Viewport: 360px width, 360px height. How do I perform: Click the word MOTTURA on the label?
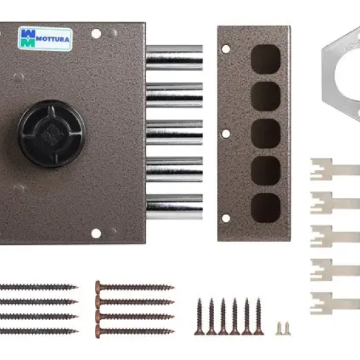coord(52,39)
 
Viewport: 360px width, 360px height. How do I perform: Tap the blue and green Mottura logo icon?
coord(28,39)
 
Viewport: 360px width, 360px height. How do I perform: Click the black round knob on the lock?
coord(52,134)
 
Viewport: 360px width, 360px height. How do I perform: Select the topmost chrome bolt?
coord(174,58)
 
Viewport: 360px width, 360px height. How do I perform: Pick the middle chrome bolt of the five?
coord(174,132)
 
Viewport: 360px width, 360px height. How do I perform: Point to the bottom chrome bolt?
coord(174,207)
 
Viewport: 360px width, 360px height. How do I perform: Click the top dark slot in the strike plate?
coord(265,59)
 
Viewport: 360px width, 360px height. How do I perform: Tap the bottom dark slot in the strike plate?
coord(265,208)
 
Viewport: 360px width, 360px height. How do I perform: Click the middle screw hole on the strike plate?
coord(226,134)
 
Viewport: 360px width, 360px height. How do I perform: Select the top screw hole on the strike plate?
coord(226,49)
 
